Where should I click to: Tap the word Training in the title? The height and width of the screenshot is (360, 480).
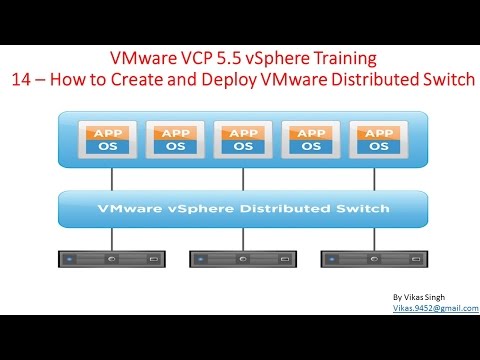343,58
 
